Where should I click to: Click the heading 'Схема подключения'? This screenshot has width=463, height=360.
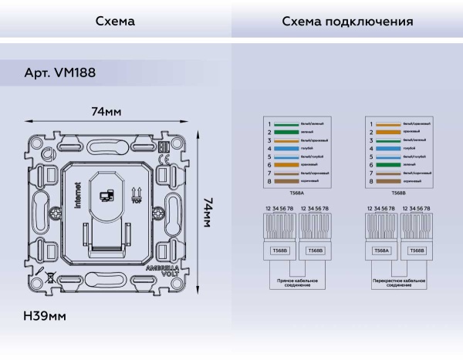click(346, 22)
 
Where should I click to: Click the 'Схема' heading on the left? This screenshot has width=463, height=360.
click(115, 22)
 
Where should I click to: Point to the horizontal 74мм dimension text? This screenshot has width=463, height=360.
click(106, 112)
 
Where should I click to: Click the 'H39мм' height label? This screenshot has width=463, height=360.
click(45, 316)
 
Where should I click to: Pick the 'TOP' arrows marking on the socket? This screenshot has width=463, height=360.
click(137, 193)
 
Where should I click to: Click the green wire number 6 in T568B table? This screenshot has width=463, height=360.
click(388, 164)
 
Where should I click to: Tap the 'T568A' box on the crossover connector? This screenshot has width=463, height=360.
click(381, 251)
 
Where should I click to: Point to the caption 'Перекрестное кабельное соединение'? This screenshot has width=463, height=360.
click(398, 283)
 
